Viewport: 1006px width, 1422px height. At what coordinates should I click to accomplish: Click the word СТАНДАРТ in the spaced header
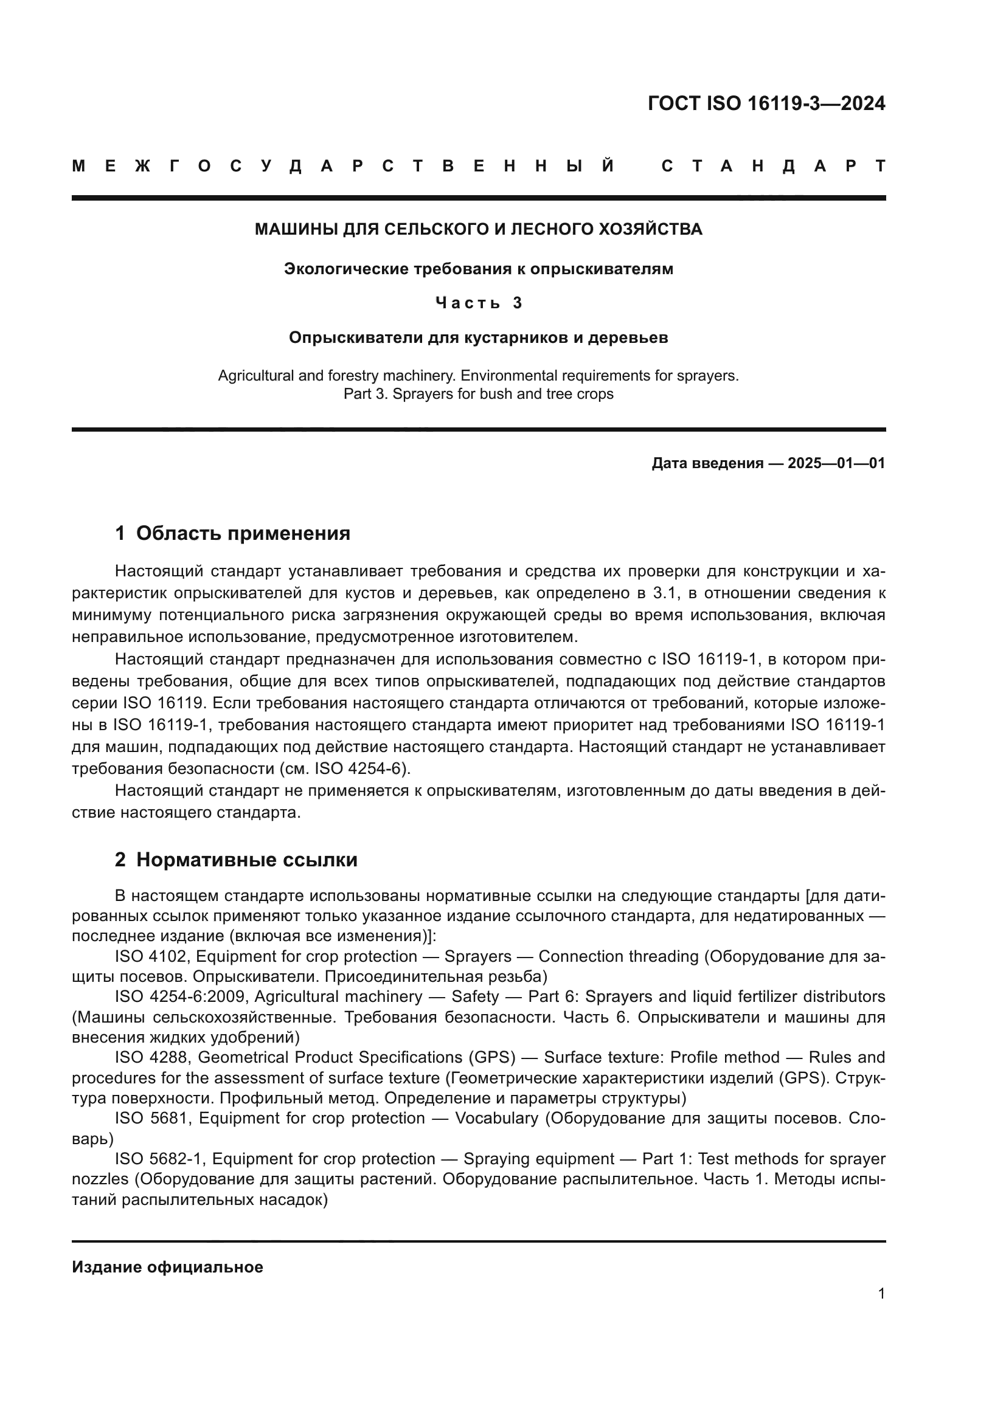(x=773, y=166)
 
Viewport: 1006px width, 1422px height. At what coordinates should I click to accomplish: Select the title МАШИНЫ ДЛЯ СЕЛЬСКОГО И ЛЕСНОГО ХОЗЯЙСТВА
(x=478, y=230)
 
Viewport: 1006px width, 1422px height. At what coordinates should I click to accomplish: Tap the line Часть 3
(x=478, y=303)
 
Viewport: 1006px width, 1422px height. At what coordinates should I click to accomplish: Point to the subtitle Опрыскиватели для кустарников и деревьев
(x=478, y=338)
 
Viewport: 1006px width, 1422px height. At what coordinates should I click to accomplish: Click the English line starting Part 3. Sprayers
(x=478, y=394)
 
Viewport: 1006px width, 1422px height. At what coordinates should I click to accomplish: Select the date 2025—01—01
(x=836, y=463)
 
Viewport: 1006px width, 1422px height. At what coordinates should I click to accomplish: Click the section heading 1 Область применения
(x=232, y=533)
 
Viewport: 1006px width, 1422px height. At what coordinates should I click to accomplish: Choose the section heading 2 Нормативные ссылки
(x=236, y=860)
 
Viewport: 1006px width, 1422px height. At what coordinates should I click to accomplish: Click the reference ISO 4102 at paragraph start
(x=150, y=957)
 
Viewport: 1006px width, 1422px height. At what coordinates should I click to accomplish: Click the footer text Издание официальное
(x=167, y=1267)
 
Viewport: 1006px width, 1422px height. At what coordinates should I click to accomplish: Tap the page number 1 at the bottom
(x=881, y=1294)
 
